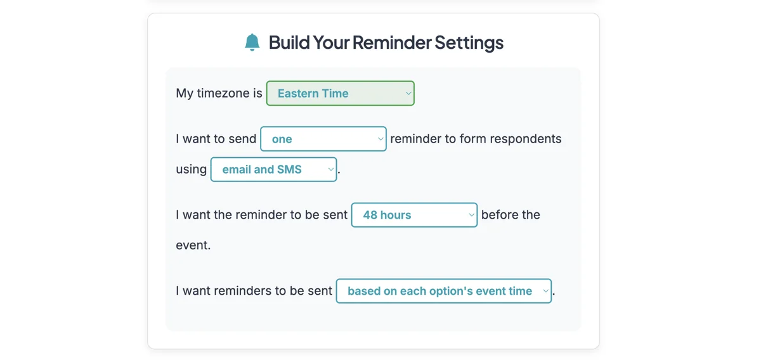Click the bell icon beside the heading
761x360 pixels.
pyautogui.click(x=252, y=42)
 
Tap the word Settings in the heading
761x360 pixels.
pyautogui.click(x=469, y=42)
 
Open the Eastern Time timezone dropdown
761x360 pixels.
pyautogui.click(x=340, y=93)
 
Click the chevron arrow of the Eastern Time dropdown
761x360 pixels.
pyautogui.click(x=408, y=93)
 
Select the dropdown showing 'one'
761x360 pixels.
pyautogui.click(x=323, y=139)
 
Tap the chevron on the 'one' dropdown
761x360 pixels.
pyautogui.click(x=380, y=139)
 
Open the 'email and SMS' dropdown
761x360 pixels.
pyautogui.click(x=273, y=169)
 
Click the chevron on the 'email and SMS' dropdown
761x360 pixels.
pyautogui.click(x=330, y=169)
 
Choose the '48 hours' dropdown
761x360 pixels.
pyautogui.click(x=413, y=215)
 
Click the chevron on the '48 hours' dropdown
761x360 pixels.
pyautogui.click(x=471, y=215)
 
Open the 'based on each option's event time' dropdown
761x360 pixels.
pyautogui.click(x=443, y=291)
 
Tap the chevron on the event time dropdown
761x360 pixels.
pyautogui.click(x=545, y=291)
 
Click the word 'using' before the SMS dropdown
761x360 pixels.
pyautogui.click(x=192, y=169)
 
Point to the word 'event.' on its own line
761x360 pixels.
pyautogui.click(x=193, y=245)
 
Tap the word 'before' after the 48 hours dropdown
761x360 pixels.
pyautogui.click(x=501, y=215)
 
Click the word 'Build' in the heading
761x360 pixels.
pyautogui.click(x=290, y=42)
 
